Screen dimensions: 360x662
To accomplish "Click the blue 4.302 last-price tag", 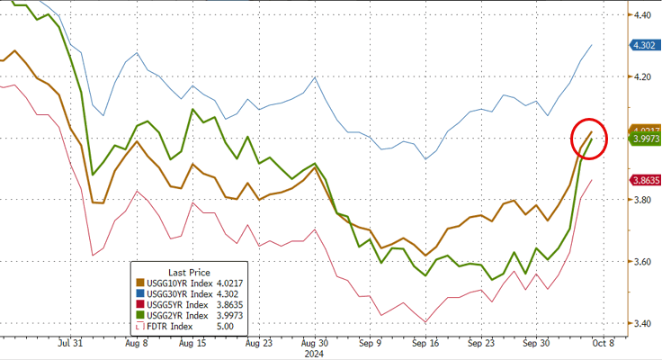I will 644,44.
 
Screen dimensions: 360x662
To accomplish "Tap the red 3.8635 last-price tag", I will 645,180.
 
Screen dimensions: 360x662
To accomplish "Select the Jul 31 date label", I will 71,343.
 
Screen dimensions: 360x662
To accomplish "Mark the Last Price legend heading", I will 192,271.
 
